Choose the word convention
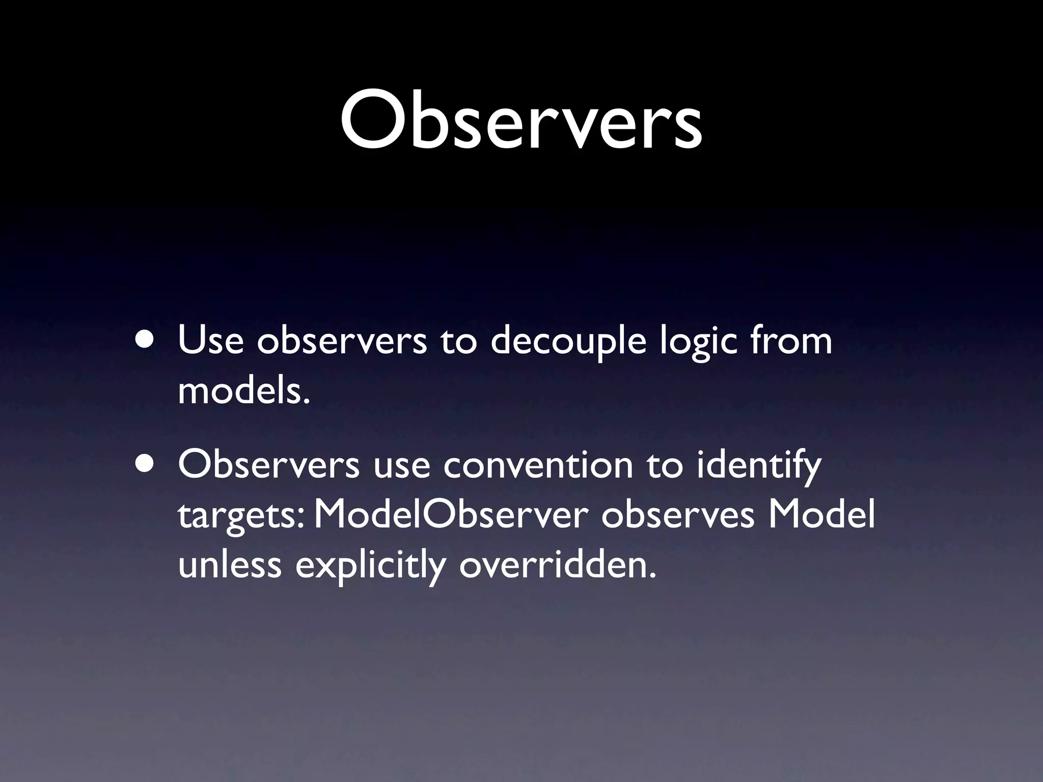(538, 465)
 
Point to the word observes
(677, 515)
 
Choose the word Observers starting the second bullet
(269, 464)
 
